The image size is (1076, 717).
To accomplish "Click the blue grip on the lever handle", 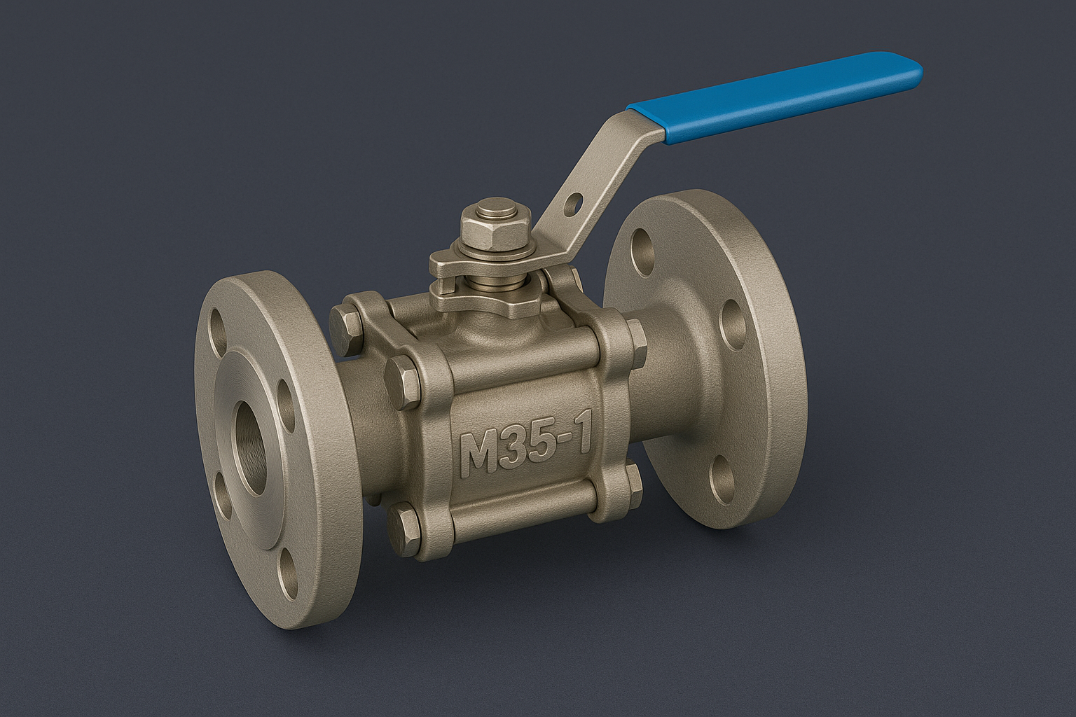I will click(778, 98).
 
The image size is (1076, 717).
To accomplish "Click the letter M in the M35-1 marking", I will click(478, 454).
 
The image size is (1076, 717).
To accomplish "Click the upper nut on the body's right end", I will click(636, 343).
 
